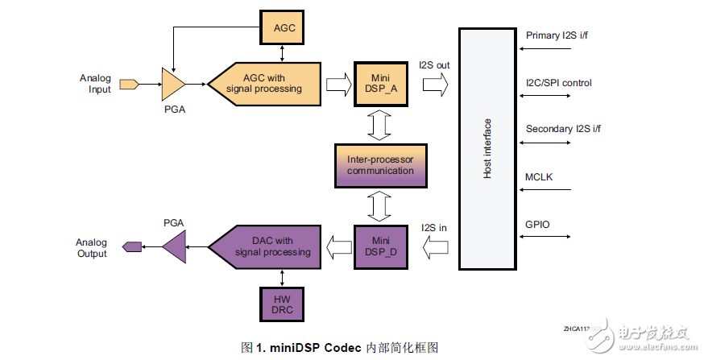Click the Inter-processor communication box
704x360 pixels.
(x=380, y=165)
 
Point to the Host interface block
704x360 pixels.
(x=488, y=149)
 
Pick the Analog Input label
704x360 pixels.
(x=95, y=83)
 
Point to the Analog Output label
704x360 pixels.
(x=92, y=248)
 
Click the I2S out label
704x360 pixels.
(x=434, y=64)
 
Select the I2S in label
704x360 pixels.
(x=433, y=227)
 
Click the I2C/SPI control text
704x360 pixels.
(x=559, y=82)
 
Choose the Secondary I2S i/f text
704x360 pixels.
(x=562, y=129)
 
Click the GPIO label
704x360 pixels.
(x=538, y=224)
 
